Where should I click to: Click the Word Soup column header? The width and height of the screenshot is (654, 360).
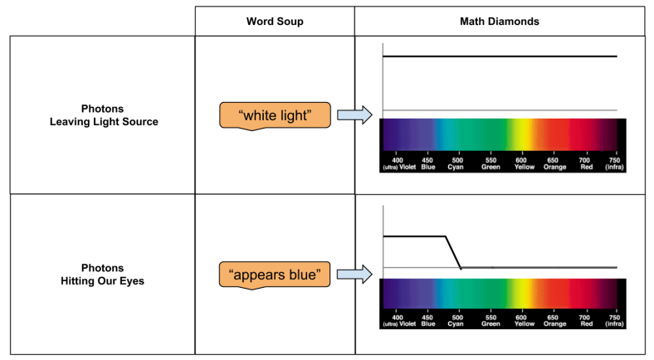[275, 21]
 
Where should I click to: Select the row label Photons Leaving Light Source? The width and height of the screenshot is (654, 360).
[103, 115]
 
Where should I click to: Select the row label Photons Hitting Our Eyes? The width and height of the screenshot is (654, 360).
[103, 274]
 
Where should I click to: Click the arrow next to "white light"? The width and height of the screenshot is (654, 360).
[354, 116]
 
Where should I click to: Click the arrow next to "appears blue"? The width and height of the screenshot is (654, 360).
[354, 274]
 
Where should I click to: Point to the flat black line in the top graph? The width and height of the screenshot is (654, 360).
[498, 56]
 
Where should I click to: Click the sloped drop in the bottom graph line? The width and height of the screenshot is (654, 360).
[453, 252]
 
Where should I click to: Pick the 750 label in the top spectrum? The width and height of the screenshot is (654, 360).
[614, 159]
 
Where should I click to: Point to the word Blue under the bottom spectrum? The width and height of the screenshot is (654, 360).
[427, 324]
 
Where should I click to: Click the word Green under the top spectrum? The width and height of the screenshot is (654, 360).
[490, 167]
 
